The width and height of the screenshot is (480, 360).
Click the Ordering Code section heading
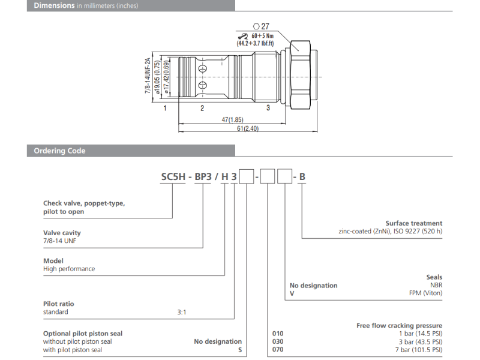pos(59,151)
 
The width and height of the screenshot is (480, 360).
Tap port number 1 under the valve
pos(164,108)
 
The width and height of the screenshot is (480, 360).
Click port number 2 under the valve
pos(202,108)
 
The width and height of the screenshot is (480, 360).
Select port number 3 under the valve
pos(268,108)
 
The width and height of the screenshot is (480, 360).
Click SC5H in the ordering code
pos(173,177)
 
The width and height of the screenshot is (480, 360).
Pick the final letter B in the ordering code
pos(302,177)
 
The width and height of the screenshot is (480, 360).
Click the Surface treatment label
pos(413,223)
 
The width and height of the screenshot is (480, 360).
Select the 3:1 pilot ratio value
pos(182,312)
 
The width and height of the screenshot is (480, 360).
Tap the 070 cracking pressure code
pos(278,350)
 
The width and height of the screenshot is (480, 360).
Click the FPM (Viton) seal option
pos(425,294)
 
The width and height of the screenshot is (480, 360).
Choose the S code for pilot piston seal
pos(239,350)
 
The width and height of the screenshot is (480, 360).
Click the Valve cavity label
pos(62,233)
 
